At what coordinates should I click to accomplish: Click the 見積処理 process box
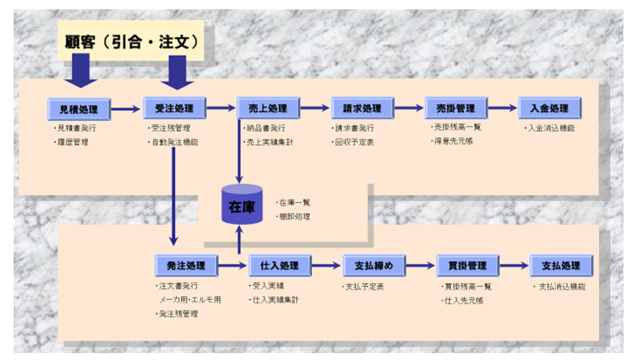pos(79,108)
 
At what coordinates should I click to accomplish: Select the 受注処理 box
pos(174,108)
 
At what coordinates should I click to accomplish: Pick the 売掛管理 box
pos(455,108)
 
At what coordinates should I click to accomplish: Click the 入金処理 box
pos(550,108)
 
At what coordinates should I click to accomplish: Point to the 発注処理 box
pos(186,266)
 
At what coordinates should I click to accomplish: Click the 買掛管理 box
pos(467,266)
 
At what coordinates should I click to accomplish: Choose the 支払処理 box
pos(561,266)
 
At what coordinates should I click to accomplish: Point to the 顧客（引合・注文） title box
pos(131,42)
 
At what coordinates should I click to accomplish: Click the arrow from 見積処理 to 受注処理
pos(126,108)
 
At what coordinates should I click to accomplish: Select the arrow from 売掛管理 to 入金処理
pos(503,108)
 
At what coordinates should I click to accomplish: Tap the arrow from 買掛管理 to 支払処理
pos(514,266)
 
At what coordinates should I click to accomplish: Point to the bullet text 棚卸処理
pos(294,216)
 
